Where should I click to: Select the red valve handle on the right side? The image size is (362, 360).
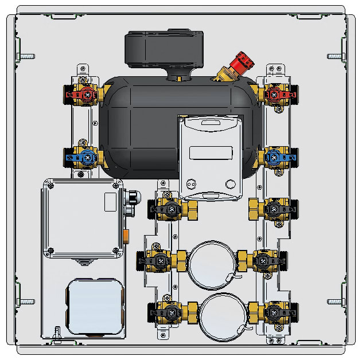(276, 93)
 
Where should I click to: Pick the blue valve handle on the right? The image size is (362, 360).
(276, 155)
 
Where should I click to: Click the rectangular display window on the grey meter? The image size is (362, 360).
(211, 153)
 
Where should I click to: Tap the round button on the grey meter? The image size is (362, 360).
(231, 184)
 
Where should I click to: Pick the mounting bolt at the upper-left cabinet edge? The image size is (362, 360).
(28, 56)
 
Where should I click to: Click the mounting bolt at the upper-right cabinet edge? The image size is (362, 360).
(335, 56)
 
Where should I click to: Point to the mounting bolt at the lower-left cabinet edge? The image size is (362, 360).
(28, 300)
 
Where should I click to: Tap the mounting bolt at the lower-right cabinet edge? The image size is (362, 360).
(335, 300)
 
